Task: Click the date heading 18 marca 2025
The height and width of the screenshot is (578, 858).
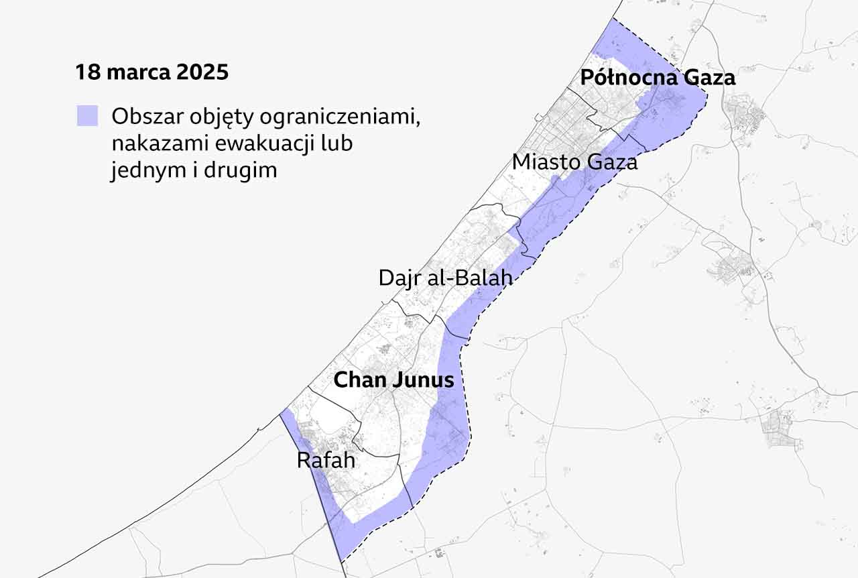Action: pyautogui.click(x=151, y=72)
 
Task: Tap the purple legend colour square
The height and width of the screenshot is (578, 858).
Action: pyautogui.click(x=87, y=116)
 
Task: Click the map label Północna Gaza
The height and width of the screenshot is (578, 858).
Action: pyautogui.click(x=658, y=78)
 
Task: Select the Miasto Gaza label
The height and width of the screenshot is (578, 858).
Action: pyautogui.click(x=574, y=162)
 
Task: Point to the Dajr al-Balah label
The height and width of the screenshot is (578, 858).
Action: pyautogui.click(x=445, y=278)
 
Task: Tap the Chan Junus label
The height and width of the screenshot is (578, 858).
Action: pyautogui.click(x=393, y=380)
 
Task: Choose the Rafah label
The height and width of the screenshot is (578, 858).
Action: pyautogui.click(x=326, y=461)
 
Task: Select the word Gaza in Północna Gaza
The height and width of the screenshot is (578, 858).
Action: pyautogui.click(x=709, y=78)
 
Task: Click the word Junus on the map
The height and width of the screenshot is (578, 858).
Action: pyautogui.click(x=422, y=380)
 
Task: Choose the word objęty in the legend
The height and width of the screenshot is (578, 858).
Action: pyautogui.click(x=215, y=117)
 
